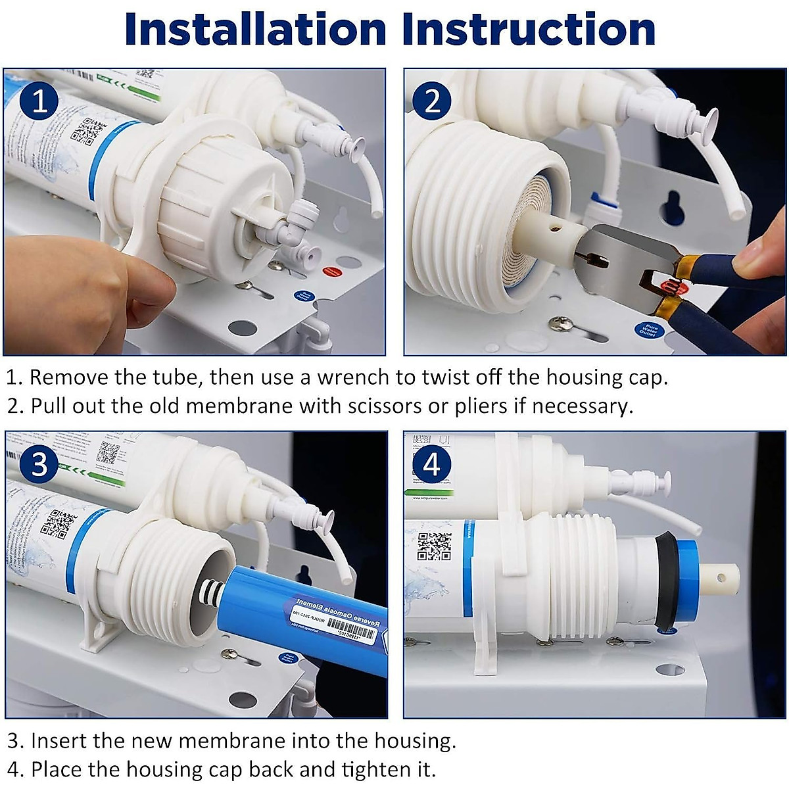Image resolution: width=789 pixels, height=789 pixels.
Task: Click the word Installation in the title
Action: click(x=256, y=30)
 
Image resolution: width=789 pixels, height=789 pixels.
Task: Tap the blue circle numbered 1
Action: click(x=40, y=102)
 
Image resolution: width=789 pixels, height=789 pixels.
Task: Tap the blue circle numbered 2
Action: click(x=432, y=102)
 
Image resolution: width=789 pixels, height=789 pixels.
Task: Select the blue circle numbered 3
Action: click(x=39, y=464)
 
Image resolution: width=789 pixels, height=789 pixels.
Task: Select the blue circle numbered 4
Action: click(x=432, y=464)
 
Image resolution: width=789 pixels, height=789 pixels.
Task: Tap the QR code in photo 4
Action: click(x=435, y=546)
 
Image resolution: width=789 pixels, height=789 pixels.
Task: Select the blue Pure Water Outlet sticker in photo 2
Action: click(x=648, y=329)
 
